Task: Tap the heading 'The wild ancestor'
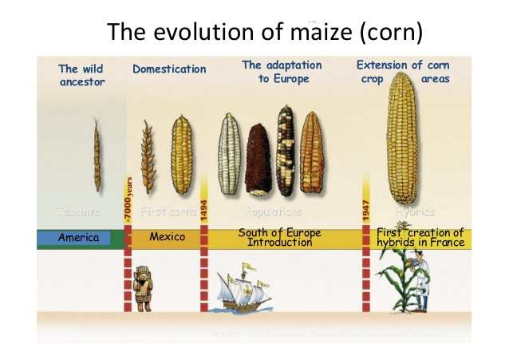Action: [x=82, y=75]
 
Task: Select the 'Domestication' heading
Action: [x=169, y=69]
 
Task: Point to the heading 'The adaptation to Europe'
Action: [x=282, y=72]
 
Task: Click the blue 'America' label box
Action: [x=78, y=237]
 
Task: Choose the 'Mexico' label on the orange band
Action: [x=168, y=237]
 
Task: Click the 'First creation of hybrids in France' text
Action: [x=420, y=237]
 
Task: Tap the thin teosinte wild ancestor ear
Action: [x=97, y=156]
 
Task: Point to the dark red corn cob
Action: [x=257, y=158]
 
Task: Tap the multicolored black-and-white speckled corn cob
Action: [x=285, y=149]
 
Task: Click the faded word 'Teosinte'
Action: [x=77, y=212]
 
